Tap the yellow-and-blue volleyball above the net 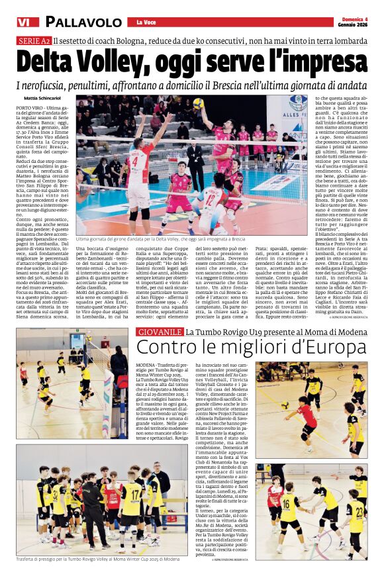198,103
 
